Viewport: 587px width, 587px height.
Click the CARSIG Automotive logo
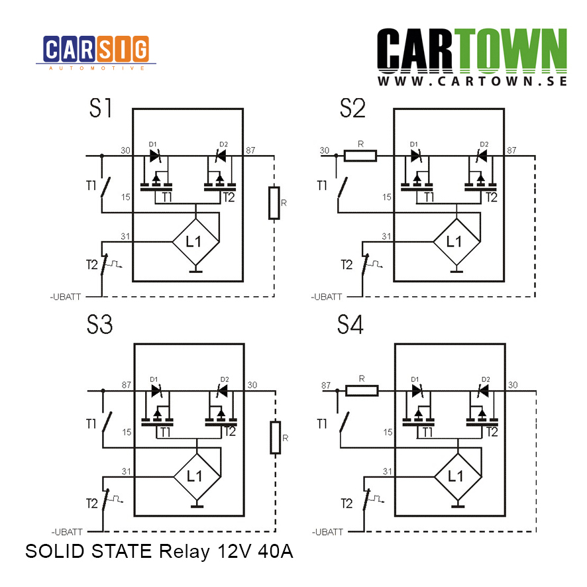pos(96,53)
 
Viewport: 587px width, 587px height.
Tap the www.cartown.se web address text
pos(472,81)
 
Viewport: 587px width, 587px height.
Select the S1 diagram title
pos(100,108)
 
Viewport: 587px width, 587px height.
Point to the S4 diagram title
pos(350,324)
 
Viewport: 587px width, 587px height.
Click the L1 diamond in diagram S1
pos(196,242)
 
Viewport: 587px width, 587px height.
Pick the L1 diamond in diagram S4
pos(458,476)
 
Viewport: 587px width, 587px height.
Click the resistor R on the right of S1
pos(274,203)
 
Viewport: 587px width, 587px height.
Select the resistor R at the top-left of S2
pos(360,156)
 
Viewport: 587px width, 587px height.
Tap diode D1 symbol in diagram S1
pos(155,156)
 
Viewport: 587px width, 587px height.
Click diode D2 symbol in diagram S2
pos(481,156)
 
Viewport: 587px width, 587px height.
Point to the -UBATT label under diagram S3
pos(67,532)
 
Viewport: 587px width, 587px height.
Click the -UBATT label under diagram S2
pos(327,297)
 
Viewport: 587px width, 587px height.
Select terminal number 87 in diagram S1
pos(250,150)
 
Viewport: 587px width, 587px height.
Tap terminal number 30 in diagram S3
pos(252,385)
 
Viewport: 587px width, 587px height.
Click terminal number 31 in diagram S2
pos(386,237)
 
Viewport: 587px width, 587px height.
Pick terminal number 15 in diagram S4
pos(388,433)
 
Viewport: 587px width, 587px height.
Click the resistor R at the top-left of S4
pos(362,391)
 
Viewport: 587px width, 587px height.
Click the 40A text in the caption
pos(276,551)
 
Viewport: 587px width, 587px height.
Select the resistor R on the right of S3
pos(276,438)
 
